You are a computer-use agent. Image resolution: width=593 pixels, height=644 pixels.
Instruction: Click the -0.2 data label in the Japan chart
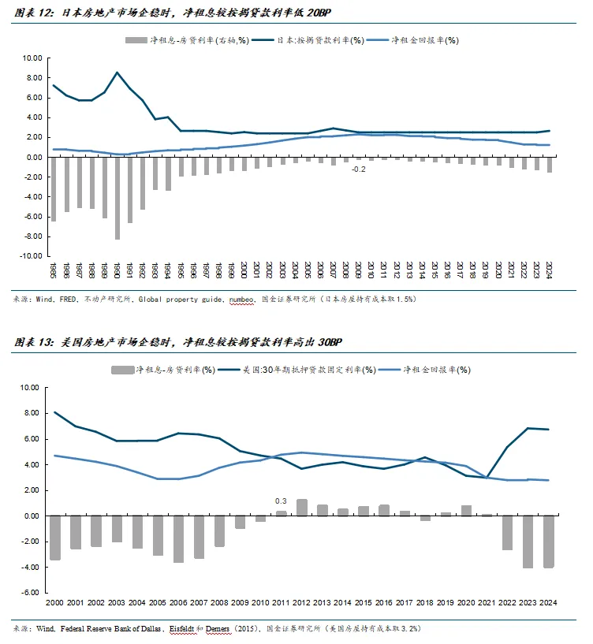[359, 169]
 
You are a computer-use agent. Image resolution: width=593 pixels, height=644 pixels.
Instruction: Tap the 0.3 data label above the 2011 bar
[281, 501]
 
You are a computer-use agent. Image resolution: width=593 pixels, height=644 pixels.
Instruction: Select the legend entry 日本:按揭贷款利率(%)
[315, 40]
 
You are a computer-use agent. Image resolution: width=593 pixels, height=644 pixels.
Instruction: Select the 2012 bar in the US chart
[302, 507]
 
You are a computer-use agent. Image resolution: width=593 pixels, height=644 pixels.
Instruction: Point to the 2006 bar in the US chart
[179, 538]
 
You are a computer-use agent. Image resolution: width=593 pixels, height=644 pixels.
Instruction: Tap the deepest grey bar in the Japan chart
[117, 197]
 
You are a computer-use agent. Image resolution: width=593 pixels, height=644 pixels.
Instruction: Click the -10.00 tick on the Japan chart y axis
[30, 256]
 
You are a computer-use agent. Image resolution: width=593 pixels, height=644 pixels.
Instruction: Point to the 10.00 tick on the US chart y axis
[28, 388]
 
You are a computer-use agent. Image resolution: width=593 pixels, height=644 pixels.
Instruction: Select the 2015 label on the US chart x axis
[364, 602]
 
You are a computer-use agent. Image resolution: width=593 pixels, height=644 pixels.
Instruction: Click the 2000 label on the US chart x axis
[55, 602]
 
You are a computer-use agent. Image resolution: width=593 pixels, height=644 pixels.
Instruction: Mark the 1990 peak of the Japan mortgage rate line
[117, 73]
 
